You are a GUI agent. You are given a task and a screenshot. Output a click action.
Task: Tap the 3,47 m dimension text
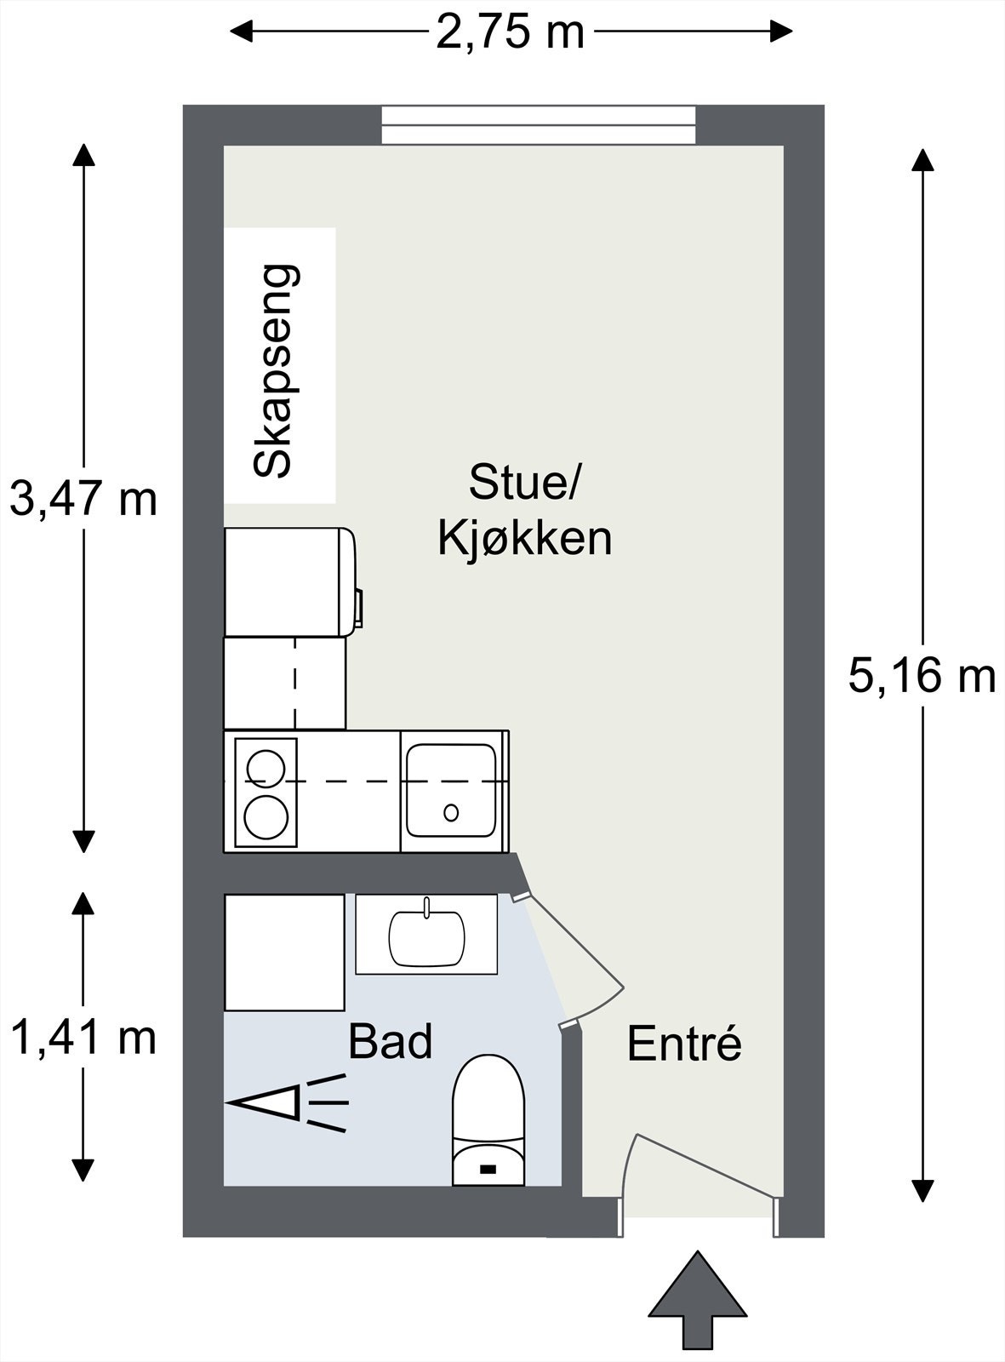pos(83,500)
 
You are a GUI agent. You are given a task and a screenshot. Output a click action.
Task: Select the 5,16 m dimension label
pos(922,677)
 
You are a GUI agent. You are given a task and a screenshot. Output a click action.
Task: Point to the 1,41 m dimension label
pos(83,1038)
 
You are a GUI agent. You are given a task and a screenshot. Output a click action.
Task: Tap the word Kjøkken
pos(524,539)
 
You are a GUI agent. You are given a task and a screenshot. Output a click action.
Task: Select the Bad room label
pos(391,1041)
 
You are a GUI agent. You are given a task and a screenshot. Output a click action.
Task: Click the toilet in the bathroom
pos(487,1122)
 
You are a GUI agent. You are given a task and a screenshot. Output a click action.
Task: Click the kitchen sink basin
pos(451,790)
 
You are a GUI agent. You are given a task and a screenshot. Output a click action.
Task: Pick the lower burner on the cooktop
pos(265,817)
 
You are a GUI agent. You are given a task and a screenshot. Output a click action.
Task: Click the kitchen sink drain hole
pos(451,812)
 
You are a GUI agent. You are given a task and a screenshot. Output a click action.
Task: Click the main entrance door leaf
pos(706,1165)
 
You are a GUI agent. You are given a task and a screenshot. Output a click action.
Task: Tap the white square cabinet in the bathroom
pos(284,952)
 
